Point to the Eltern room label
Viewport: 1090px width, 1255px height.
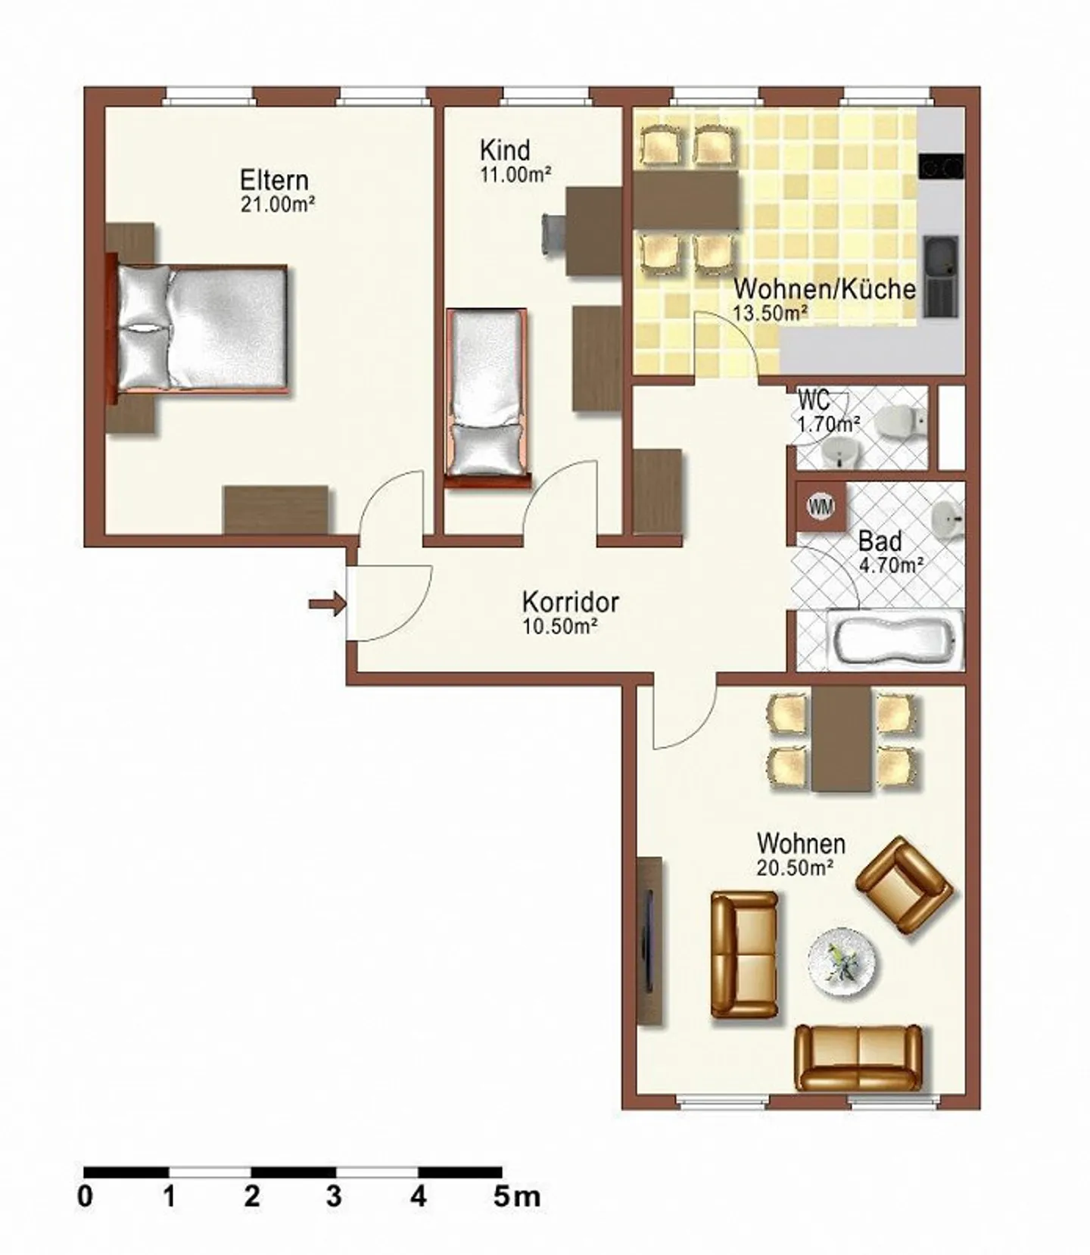tap(274, 180)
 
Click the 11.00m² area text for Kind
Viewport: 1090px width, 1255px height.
tap(515, 175)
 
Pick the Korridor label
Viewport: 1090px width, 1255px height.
tap(570, 603)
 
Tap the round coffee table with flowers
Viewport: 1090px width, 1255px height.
tap(842, 962)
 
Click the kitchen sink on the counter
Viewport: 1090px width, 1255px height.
tap(941, 276)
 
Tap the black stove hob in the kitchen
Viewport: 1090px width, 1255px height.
tap(941, 166)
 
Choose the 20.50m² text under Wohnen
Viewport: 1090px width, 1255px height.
tap(795, 867)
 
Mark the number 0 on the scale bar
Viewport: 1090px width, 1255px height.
tap(86, 1197)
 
